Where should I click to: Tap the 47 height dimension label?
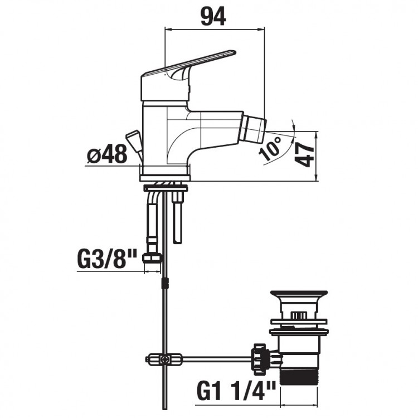pyautogui.click(x=304, y=154)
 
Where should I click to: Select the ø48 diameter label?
pyautogui.click(x=107, y=154)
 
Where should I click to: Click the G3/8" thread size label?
pyautogui.click(x=107, y=258)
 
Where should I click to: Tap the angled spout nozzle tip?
pyautogui.click(x=253, y=129)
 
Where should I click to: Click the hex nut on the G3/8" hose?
pyautogui.click(x=152, y=258)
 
